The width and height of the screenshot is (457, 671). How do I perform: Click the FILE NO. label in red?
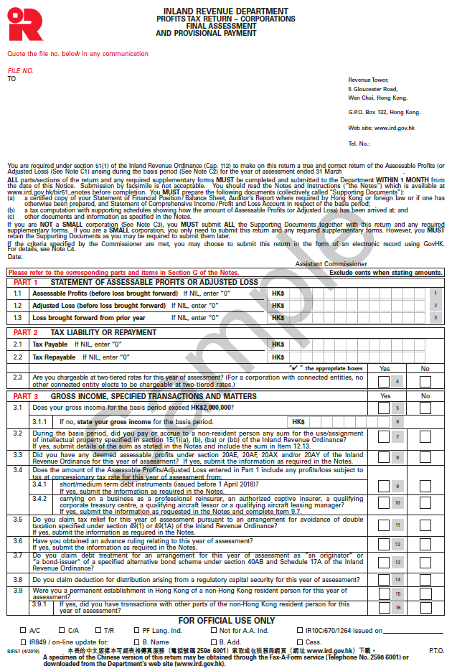[x=20, y=70]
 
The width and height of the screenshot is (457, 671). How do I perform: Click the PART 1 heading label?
[x=26, y=282]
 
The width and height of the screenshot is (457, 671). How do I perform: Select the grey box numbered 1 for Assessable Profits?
[x=435, y=294]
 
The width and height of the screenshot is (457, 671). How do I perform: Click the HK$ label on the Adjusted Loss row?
[x=278, y=305]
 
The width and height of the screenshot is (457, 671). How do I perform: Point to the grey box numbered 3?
[x=435, y=317]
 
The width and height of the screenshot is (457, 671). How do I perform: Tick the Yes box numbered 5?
[x=385, y=408]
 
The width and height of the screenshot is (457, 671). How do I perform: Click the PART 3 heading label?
[x=26, y=395]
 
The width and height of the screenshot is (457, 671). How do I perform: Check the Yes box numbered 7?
[x=385, y=437]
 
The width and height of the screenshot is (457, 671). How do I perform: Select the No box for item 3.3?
[x=425, y=457]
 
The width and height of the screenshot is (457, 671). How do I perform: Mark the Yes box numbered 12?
[x=385, y=544]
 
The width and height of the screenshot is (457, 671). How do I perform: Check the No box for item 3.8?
[x=425, y=578]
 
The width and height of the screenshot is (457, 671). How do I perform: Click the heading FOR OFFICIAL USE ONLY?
[x=227, y=620]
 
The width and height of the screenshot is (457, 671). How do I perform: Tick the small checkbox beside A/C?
[x=14, y=631]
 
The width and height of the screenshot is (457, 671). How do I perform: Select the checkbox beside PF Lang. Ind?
[x=126, y=631]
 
